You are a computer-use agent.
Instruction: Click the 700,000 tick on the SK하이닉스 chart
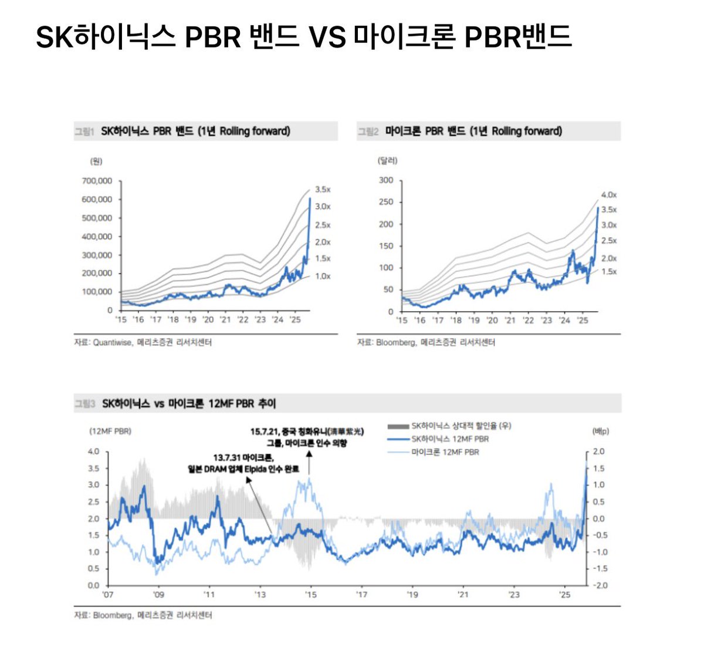click(97, 181)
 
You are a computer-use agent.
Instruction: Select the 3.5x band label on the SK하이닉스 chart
click(323, 190)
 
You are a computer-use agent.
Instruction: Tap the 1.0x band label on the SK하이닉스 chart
click(323, 276)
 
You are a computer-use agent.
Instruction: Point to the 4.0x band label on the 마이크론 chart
click(609, 195)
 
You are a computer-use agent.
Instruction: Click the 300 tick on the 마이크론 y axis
click(386, 180)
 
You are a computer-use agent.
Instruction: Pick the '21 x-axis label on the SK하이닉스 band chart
click(225, 320)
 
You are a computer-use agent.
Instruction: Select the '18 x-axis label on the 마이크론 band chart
click(456, 321)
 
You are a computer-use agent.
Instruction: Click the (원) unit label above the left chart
click(96, 161)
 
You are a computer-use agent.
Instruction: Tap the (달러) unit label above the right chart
click(388, 160)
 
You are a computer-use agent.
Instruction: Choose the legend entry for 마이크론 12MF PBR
click(445, 452)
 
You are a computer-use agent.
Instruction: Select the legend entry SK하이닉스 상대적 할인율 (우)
click(461, 426)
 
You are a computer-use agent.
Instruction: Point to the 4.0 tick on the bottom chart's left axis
click(93, 451)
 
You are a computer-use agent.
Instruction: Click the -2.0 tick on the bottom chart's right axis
click(598, 585)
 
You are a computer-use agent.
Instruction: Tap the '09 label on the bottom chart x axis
click(158, 595)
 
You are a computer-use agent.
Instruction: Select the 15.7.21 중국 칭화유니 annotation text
click(307, 432)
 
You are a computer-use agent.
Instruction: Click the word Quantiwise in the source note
click(113, 342)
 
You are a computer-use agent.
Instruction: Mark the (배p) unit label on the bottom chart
click(601, 432)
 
